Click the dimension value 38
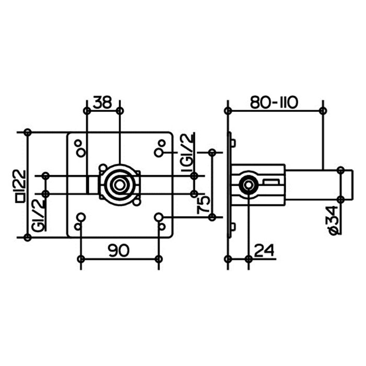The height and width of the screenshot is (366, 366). [102, 102]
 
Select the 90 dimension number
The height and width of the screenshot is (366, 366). [118, 250]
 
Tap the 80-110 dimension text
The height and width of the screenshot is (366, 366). [274, 102]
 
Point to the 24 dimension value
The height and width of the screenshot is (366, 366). [264, 250]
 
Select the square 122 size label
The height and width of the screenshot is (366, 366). [20, 186]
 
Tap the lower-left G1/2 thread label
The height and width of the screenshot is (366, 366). [38, 215]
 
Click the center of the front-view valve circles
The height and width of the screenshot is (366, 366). [120, 185]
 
